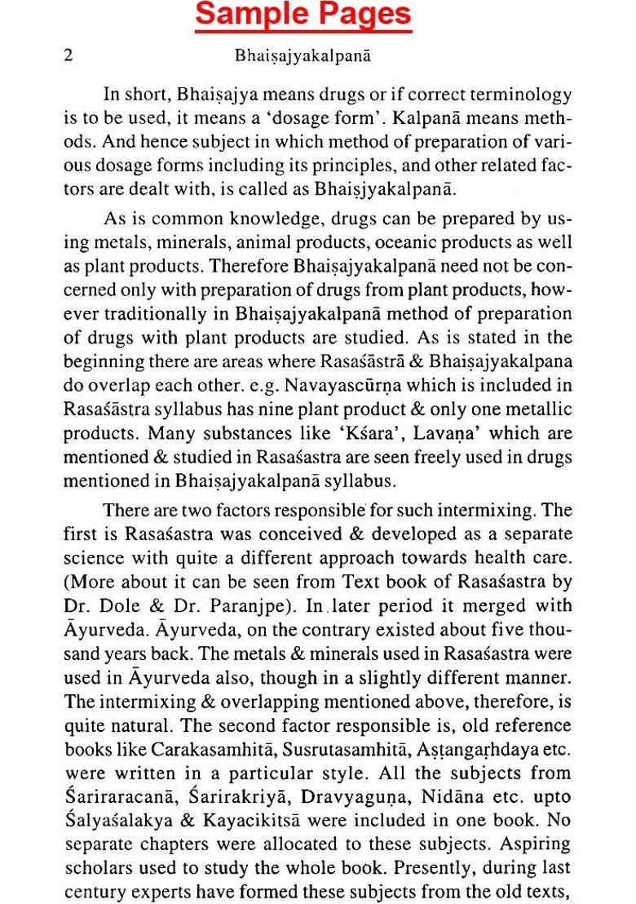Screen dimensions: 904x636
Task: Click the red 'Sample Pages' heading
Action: point(304,16)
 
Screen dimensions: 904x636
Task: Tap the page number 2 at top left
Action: point(69,56)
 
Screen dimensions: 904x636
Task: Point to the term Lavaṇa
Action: point(388,432)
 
